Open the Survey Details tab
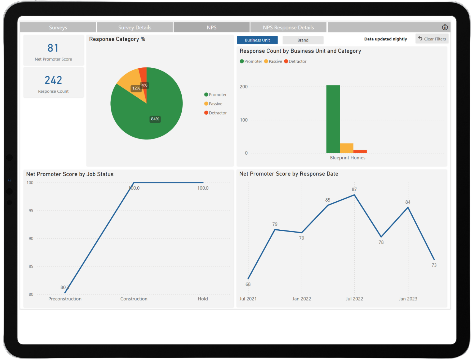click(x=135, y=28)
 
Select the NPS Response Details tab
click(x=288, y=28)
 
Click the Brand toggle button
click(x=303, y=40)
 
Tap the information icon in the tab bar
click(x=445, y=27)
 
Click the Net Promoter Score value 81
click(x=53, y=48)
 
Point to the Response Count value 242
click(x=53, y=80)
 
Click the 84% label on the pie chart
click(x=155, y=119)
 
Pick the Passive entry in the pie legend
click(x=215, y=104)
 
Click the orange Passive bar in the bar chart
click(x=346, y=148)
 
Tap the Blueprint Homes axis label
click(x=347, y=158)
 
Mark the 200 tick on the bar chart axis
click(x=244, y=87)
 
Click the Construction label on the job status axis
click(x=134, y=299)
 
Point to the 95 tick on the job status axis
click(x=31, y=211)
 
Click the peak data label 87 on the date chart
click(x=354, y=189)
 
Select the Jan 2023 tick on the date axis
click(x=408, y=299)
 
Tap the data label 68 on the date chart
click(x=248, y=284)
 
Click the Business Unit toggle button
click(x=257, y=40)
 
